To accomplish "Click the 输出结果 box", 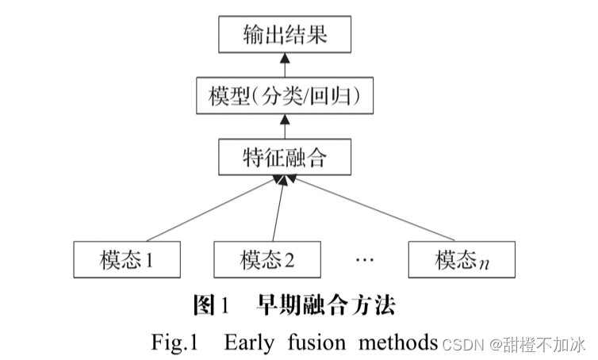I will tap(283, 36).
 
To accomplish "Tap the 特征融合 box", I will tap(283, 159).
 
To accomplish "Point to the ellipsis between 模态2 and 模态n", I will tap(365, 259).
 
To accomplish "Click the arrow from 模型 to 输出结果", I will tap(283, 66).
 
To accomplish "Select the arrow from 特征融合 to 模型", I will tap(283, 128).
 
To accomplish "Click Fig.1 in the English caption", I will tap(173, 342).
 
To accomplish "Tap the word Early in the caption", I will tap(251, 342).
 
